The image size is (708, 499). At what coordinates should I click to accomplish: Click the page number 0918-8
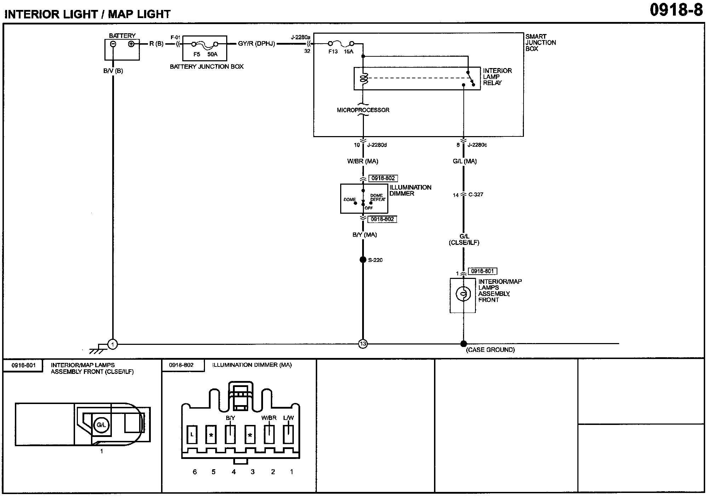[x=676, y=10]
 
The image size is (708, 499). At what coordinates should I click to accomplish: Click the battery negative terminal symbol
[x=113, y=44]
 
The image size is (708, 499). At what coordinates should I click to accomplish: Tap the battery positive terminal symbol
[x=131, y=44]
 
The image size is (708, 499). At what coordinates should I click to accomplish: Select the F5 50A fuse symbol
[x=205, y=44]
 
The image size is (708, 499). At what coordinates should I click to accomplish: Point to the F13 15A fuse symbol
[x=341, y=44]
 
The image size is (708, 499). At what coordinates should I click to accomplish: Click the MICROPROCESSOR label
[x=363, y=110]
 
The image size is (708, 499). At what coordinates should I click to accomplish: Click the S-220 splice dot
[x=363, y=260]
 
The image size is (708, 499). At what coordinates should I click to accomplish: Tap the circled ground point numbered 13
[x=363, y=344]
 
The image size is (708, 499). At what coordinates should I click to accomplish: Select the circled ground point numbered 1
[x=113, y=344]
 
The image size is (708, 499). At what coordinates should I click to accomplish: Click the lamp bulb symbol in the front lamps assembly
[x=463, y=294]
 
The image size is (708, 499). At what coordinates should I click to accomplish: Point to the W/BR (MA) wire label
[x=363, y=162]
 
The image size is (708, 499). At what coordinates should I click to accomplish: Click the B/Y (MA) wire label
[x=365, y=235]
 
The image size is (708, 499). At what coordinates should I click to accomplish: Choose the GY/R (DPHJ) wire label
[x=256, y=44]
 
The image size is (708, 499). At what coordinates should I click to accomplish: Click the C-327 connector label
[x=475, y=195]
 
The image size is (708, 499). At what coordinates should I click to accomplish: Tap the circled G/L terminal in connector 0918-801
[x=101, y=425]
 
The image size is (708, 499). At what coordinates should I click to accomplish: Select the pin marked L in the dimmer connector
[x=192, y=434]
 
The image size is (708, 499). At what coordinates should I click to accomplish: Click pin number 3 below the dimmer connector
[x=252, y=472]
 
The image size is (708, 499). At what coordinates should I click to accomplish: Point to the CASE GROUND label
[x=490, y=350]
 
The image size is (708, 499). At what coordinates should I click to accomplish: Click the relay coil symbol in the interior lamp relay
[x=364, y=78]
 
